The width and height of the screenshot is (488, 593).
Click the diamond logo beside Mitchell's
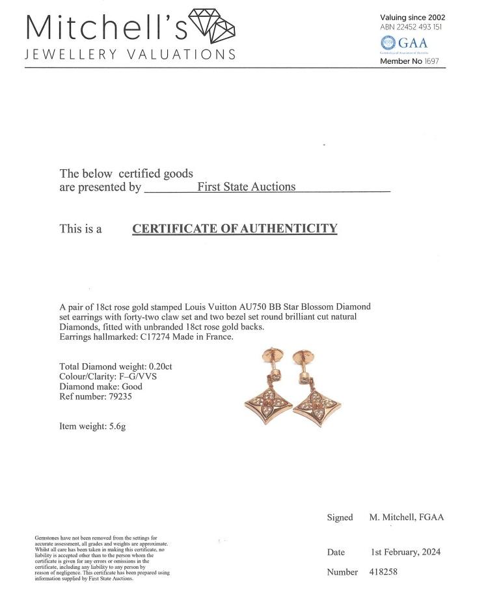[x=211, y=25]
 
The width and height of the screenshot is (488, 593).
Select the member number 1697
[x=431, y=61]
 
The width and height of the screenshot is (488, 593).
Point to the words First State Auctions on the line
[x=246, y=187]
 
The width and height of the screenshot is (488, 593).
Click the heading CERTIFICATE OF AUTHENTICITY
[x=235, y=228]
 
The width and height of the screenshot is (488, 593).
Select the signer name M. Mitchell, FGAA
[x=407, y=517]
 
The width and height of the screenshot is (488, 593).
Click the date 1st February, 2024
[x=405, y=552]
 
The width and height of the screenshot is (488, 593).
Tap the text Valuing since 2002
[x=413, y=17]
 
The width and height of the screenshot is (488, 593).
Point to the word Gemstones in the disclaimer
[x=47, y=538]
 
